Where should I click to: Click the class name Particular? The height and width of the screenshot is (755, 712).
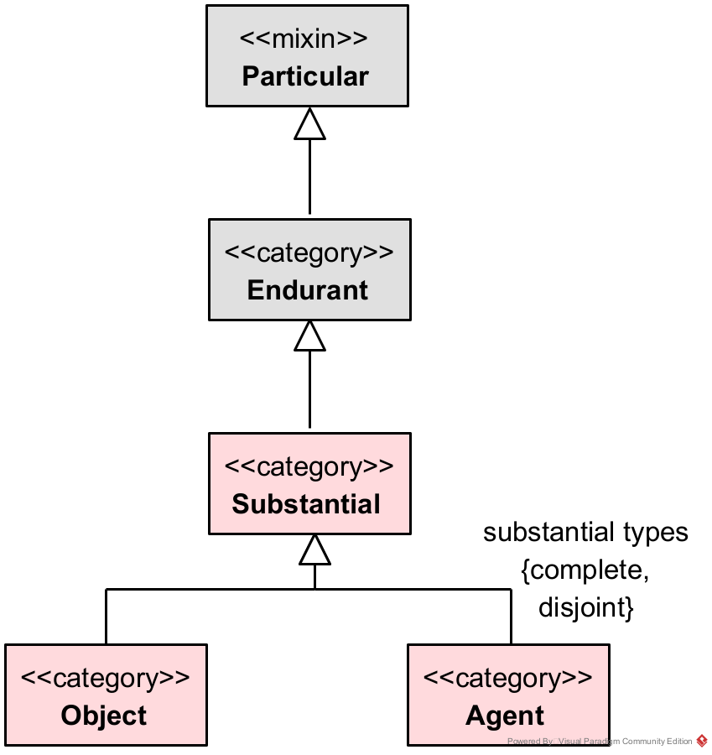305,76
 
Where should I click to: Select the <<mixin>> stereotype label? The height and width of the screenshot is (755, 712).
304,39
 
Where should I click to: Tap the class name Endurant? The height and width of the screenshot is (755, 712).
308,290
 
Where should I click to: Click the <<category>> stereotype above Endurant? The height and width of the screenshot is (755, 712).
309,253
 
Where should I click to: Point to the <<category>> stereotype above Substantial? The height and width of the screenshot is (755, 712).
309,466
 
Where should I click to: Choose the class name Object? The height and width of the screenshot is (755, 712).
104,716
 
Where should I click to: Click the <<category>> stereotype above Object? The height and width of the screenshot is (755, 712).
105,678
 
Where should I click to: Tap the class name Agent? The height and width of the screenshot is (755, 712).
505,716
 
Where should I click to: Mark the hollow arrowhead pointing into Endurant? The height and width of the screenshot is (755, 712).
309,336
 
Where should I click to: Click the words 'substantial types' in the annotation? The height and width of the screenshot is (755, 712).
585,533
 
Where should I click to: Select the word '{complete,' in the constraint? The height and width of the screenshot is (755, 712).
585,570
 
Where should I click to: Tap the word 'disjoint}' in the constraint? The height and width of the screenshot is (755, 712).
585,607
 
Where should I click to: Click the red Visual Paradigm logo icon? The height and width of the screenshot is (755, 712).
702,741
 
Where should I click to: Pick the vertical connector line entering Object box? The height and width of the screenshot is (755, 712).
106,617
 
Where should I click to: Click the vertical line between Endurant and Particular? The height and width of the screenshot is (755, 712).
309,176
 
